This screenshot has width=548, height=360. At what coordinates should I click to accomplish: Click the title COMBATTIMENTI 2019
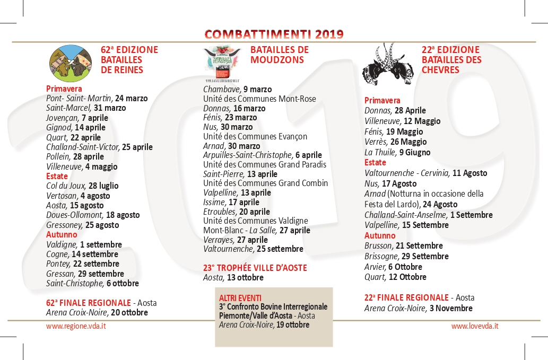click(x=274, y=34)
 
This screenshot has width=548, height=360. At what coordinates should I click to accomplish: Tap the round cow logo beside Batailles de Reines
click(x=71, y=63)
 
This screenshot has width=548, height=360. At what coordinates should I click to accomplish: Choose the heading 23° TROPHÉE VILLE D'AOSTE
click(x=255, y=268)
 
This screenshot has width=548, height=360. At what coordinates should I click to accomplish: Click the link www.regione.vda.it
click(x=76, y=326)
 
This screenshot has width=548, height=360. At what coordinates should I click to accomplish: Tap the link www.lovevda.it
click(x=475, y=326)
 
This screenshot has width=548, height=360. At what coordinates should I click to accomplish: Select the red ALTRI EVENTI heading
click(x=240, y=298)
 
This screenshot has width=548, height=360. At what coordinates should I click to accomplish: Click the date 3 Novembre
click(x=451, y=308)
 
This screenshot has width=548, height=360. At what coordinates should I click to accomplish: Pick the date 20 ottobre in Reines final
click(x=129, y=312)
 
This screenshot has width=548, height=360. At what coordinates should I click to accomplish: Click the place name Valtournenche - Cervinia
click(x=407, y=173)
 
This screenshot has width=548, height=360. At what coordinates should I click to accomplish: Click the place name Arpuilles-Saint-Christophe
click(x=248, y=155)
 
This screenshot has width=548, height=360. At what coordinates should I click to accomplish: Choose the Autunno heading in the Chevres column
click(x=380, y=235)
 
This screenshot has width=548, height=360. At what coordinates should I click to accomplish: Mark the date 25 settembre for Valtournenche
click(x=280, y=249)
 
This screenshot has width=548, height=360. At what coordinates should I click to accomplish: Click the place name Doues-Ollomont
click(x=74, y=215)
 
